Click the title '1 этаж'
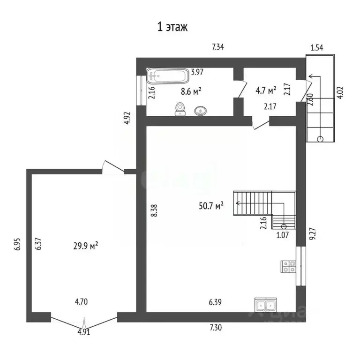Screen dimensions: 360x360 point(172,27)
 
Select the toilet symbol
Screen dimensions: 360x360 point(180,109)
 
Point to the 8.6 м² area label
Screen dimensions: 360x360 point(191,91)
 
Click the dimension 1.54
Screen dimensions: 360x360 point(317,47)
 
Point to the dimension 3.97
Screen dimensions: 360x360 point(197,72)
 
